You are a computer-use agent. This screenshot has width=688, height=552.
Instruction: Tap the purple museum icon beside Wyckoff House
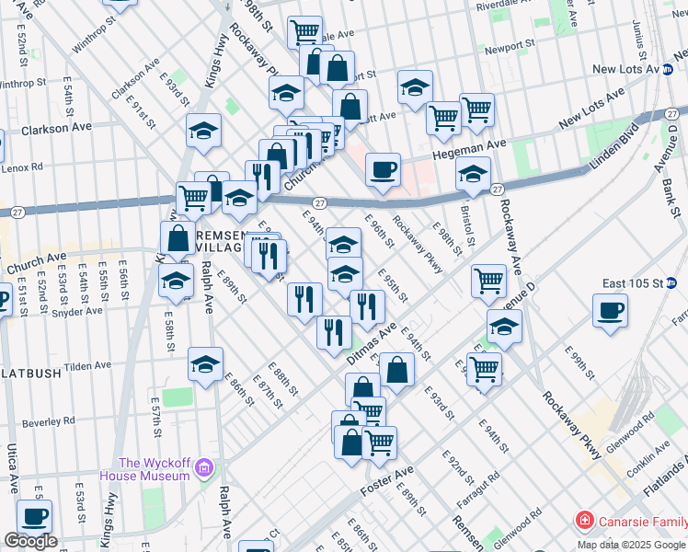[x=204, y=469]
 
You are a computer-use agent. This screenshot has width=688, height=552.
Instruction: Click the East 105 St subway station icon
[x=671, y=282]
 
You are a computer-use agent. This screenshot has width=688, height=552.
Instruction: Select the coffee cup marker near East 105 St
[x=611, y=311]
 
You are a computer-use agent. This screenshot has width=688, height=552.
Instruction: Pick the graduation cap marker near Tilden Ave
[x=205, y=364]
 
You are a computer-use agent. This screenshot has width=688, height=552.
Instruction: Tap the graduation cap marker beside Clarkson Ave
[x=203, y=131]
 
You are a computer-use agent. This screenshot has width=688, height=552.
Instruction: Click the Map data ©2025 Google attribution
[x=630, y=544]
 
